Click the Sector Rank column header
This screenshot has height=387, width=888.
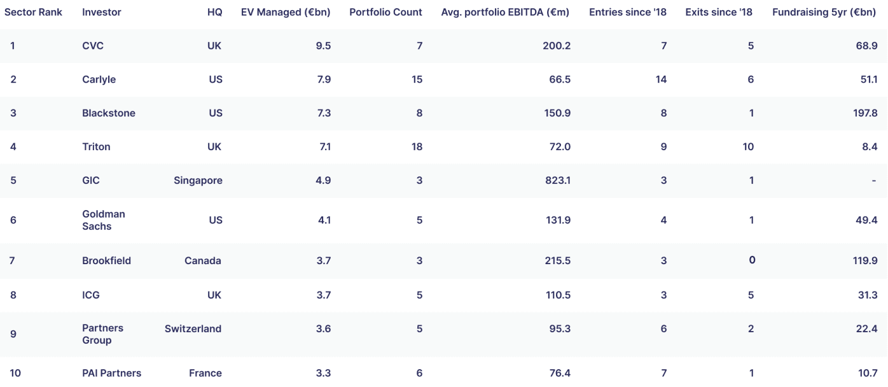click(x=33, y=12)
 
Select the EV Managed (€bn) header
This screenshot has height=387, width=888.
click(x=286, y=12)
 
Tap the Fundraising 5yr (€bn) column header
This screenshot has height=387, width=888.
click(x=824, y=12)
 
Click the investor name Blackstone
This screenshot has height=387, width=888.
click(x=109, y=113)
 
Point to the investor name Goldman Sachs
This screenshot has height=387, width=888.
click(x=104, y=220)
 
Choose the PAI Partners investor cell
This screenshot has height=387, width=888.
click(x=111, y=373)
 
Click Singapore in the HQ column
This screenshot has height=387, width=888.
click(x=198, y=180)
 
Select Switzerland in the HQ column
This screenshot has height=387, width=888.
click(x=193, y=328)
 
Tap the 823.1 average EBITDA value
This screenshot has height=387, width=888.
click(x=558, y=180)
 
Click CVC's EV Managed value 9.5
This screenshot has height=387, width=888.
click(x=323, y=46)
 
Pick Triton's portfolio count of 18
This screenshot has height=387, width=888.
click(x=417, y=146)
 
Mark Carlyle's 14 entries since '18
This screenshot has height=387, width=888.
click(x=661, y=80)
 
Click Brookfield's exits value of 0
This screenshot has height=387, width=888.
click(x=752, y=260)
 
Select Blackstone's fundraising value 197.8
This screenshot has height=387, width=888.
click(x=865, y=113)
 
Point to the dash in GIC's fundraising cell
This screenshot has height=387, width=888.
click(x=874, y=181)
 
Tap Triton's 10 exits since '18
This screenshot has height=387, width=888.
click(x=748, y=146)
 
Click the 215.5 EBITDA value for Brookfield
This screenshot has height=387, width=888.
click(x=558, y=260)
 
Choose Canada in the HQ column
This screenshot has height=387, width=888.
click(x=202, y=260)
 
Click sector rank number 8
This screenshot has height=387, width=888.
click(x=13, y=295)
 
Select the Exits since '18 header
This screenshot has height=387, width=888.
click(x=719, y=12)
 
